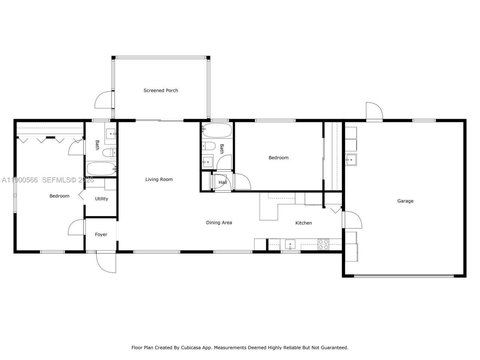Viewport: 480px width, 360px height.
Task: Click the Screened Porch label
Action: [x=160, y=90]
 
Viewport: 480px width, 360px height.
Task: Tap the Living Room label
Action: [x=159, y=180]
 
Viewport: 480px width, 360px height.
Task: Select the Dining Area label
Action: [x=219, y=223]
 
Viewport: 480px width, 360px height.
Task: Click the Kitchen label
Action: [x=303, y=223]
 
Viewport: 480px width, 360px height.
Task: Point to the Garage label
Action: [x=405, y=201]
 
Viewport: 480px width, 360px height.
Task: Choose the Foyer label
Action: [x=101, y=235]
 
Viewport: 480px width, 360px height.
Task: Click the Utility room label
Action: [x=101, y=199]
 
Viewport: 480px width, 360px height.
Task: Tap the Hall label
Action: [x=223, y=183]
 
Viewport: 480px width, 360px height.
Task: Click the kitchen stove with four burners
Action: [x=323, y=244]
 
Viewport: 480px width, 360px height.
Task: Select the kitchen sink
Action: [x=290, y=244]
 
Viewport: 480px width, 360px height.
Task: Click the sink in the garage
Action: [x=351, y=160]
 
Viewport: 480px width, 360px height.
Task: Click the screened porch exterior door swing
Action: [x=103, y=100]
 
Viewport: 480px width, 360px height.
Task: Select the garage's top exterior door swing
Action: [x=374, y=111]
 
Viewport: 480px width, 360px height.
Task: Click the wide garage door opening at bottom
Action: [x=404, y=276]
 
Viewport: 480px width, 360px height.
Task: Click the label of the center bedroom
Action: [x=278, y=158]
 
